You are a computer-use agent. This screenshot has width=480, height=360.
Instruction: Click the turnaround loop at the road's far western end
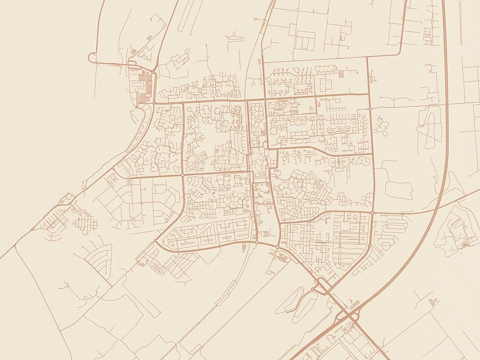pyautogui.click(x=92, y=58)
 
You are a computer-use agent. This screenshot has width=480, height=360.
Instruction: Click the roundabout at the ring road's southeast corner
pyautogui.click(x=372, y=213)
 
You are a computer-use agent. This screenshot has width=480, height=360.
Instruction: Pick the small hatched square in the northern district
pyautogui.click(x=340, y=74)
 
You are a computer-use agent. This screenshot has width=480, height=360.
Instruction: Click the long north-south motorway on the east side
pyautogui.click(x=445, y=90)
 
